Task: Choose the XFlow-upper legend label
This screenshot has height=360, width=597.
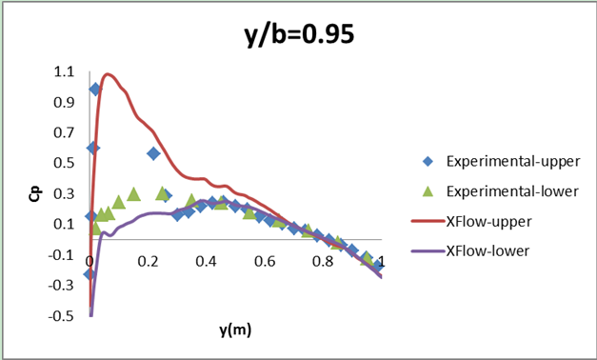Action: click(489, 221)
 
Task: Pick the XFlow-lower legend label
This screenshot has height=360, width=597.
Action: click(489, 250)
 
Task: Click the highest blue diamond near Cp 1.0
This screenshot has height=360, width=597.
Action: click(95, 89)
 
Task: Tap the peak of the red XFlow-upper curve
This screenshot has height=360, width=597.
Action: click(108, 73)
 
